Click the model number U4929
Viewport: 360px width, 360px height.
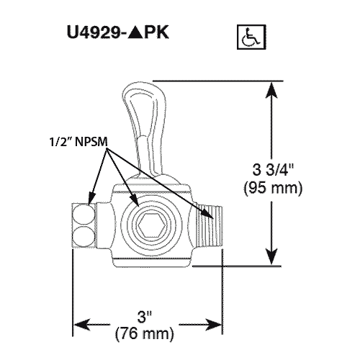click(94, 32)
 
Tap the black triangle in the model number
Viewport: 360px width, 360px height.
click(135, 32)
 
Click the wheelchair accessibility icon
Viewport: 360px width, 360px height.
click(251, 37)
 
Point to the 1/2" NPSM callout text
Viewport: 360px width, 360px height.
click(78, 142)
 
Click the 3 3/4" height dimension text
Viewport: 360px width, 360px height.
click(273, 170)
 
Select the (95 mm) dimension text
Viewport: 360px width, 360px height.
click(273, 188)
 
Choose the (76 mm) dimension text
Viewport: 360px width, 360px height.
click(144, 333)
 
